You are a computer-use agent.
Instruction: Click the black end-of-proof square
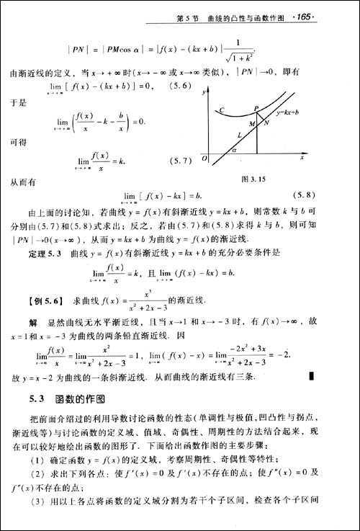311,375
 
